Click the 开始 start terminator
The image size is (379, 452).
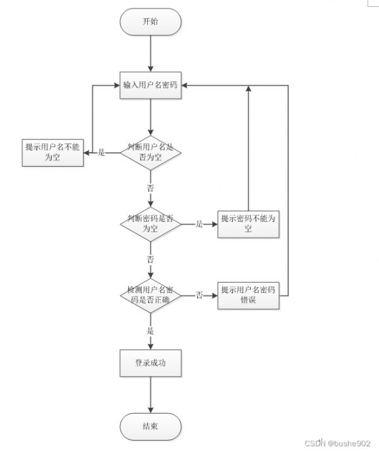pos(150,22)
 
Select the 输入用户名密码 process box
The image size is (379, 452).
pos(150,85)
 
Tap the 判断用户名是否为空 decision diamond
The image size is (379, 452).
pos(150,153)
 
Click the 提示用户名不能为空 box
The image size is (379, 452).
pos(53,153)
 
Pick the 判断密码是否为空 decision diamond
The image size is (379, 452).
pos(150,224)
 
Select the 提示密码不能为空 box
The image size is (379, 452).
pos(248,224)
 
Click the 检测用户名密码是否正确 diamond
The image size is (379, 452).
pos(150,295)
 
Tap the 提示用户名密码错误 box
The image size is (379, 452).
pos(248,295)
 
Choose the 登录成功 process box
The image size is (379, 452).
pos(150,363)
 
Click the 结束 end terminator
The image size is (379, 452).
pos(150,427)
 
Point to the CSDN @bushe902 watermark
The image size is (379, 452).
pos(337,443)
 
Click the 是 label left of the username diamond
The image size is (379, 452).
pos(101,152)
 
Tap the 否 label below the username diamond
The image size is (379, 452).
pos(150,188)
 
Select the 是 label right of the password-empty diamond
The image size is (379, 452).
pos(200,223)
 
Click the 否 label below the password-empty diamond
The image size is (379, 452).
pos(150,259)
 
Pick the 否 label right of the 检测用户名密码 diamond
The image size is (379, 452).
pos(200,295)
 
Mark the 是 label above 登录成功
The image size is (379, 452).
pos(150,331)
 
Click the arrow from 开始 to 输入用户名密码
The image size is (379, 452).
pos(150,54)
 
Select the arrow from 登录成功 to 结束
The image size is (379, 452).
pos(150,395)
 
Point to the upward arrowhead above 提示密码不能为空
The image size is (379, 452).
pos(248,88)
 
